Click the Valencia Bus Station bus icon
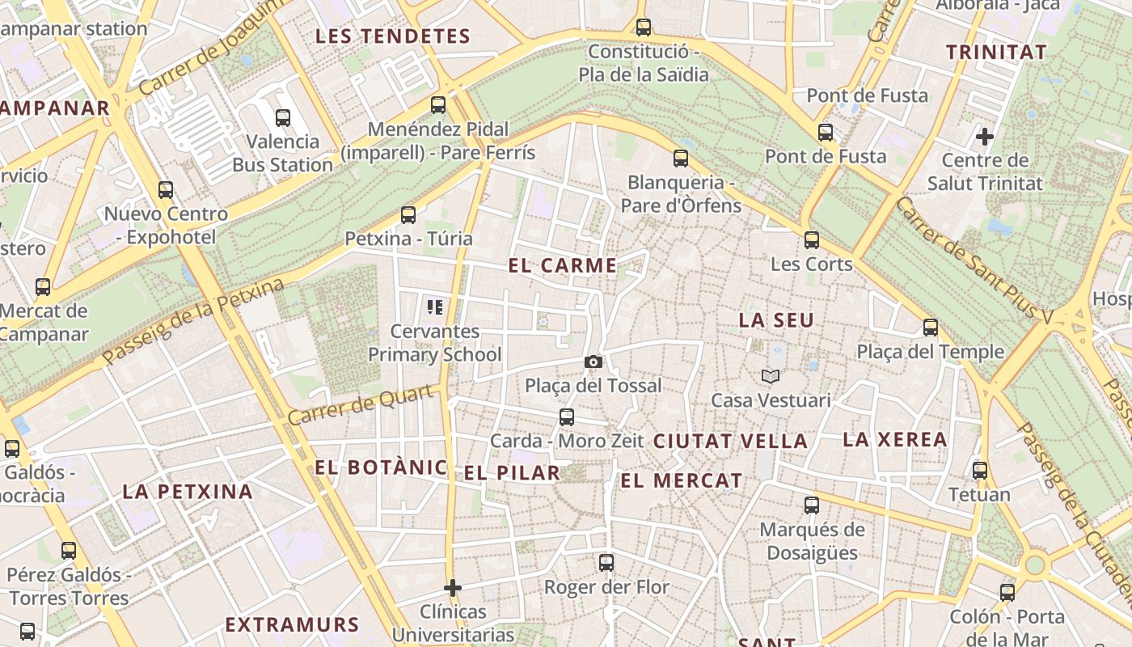[283, 118]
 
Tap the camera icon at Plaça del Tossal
[593, 362]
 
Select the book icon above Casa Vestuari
[771, 376]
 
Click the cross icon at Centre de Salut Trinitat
[985, 136]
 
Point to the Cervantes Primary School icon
[435, 307]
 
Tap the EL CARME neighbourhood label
[563, 265]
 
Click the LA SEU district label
[776, 320]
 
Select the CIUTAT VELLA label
[730, 442]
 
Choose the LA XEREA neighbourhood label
[895, 440]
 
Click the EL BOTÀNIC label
[381, 467]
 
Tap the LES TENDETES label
[393, 36]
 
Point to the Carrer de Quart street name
[366, 404]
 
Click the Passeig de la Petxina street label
[194, 321]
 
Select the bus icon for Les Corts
[812, 240]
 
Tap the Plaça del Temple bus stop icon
[931, 328]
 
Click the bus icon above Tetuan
[980, 471]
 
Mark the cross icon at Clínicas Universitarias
[453, 587]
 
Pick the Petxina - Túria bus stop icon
[408, 215]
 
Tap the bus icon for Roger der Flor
[606, 563]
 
